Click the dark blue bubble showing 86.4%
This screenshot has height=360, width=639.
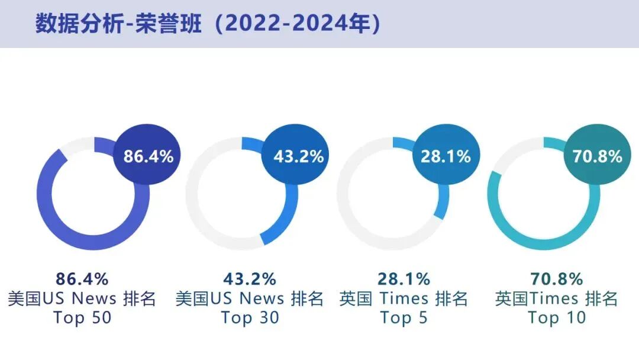coord(148,156)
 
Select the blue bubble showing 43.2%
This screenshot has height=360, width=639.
coord(298,156)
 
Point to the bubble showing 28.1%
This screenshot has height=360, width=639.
coord(446,156)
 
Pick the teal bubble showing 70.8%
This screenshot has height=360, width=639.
coord(597,156)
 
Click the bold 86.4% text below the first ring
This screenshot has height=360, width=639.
coord(82,278)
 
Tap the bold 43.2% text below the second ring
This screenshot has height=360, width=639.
coord(250,278)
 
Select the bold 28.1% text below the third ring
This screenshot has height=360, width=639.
coord(404,278)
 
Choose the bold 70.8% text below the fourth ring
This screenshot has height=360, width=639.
coord(556,278)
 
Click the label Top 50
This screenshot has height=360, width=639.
coord(82,318)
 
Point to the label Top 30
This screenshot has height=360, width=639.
coord(250,318)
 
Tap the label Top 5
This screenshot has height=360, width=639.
coord(404,318)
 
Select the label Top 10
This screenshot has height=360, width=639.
coord(557,318)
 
